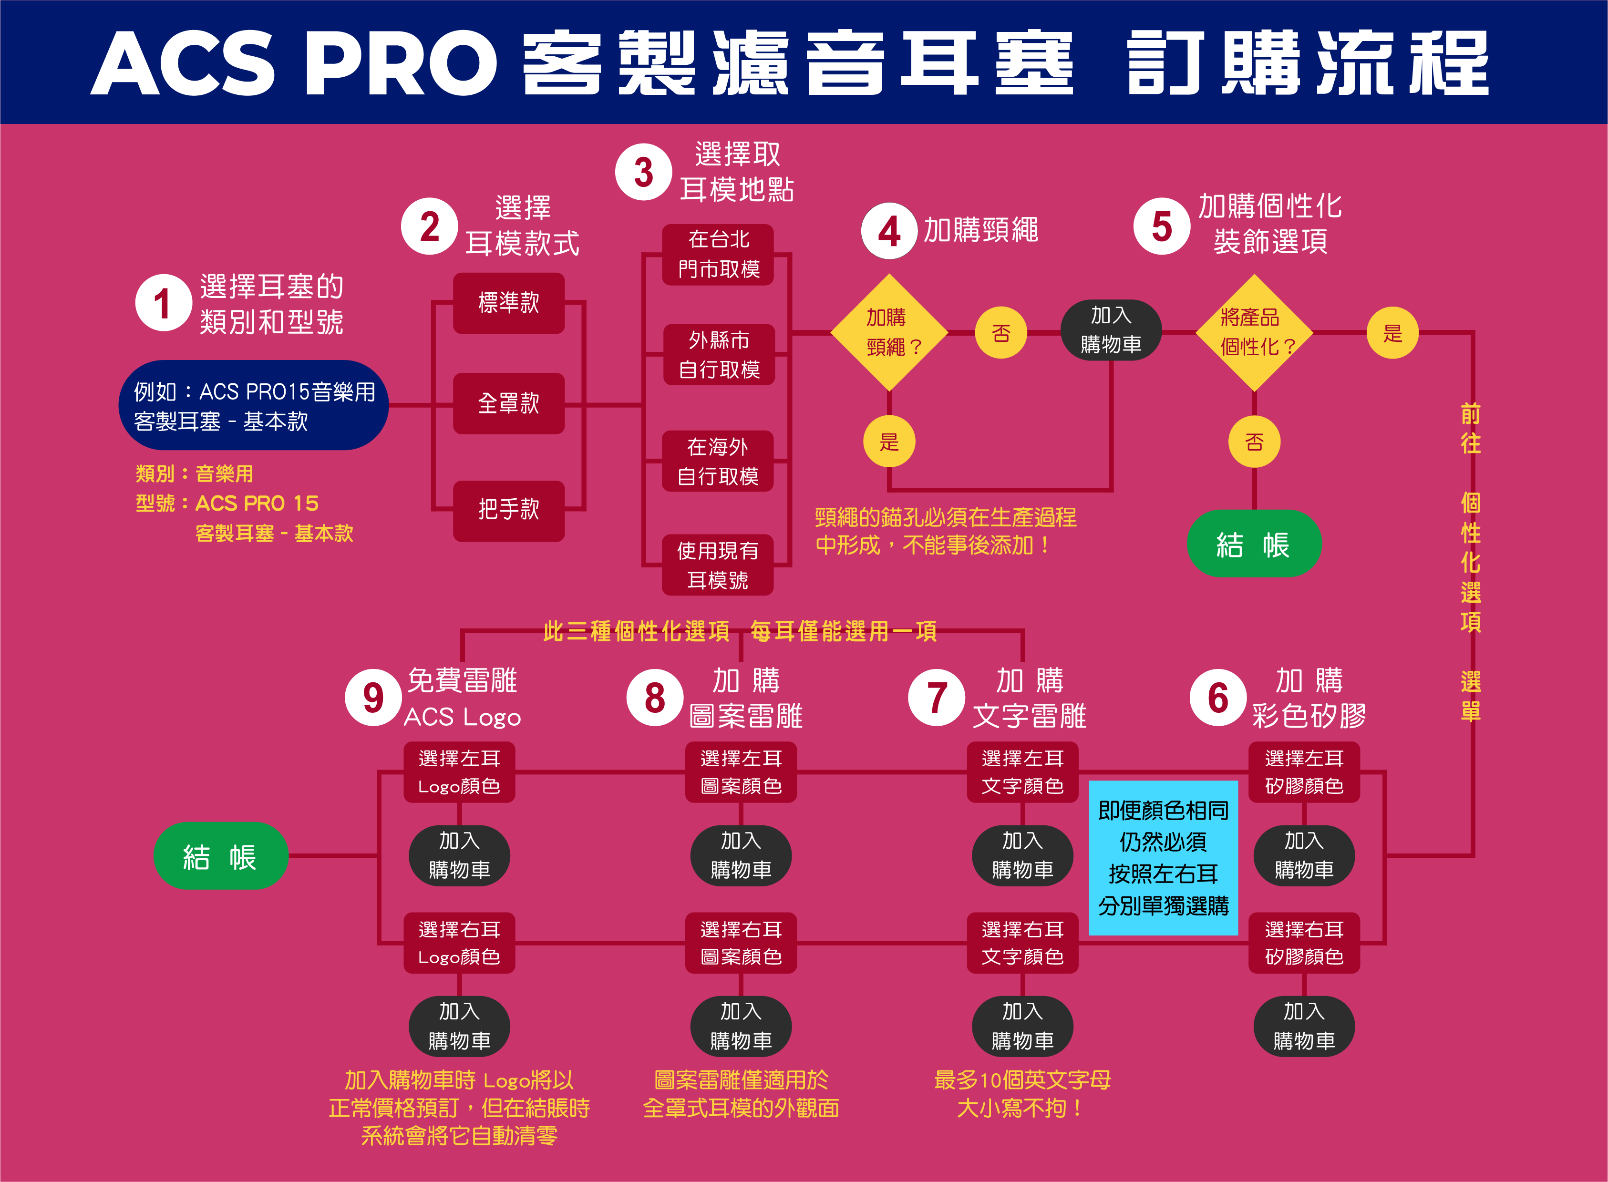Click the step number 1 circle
pyautogui.click(x=163, y=303)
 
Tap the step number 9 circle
pyautogui.click(x=373, y=698)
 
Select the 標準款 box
pyautogui.click(x=509, y=303)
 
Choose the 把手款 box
pyautogui.click(x=509, y=510)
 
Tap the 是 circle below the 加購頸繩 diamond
pyautogui.click(x=889, y=442)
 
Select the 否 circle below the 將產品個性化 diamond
pyautogui.click(x=1255, y=442)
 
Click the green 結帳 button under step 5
pyautogui.click(x=1254, y=544)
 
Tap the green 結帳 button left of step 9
pyautogui.click(x=220, y=856)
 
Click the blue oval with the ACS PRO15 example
pyautogui.click(x=253, y=405)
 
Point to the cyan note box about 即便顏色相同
pyautogui.click(x=1163, y=858)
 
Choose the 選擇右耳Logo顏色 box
pyautogui.click(x=459, y=943)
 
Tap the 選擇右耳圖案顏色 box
pyautogui.click(x=741, y=943)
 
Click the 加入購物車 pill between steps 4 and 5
pyautogui.click(x=1111, y=330)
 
